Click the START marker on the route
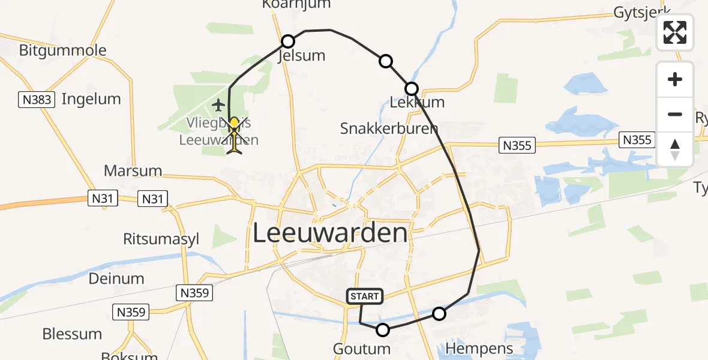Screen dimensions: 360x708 [x=364, y=296]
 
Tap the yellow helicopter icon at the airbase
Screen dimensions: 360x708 [x=235, y=136]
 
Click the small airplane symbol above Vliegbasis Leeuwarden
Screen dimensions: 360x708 [x=218, y=106]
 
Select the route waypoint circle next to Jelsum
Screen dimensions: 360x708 [x=288, y=41]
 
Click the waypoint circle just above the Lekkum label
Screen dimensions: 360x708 [x=412, y=89]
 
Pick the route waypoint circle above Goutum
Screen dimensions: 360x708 [x=383, y=329]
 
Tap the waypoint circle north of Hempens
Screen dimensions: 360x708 [x=439, y=313]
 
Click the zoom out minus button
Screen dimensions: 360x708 [x=675, y=115]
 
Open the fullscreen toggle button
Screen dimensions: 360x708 [x=675, y=32]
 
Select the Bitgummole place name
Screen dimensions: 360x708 [x=62, y=50]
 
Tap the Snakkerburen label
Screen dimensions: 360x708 [x=389, y=128]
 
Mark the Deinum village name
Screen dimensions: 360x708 [x=116, y=278]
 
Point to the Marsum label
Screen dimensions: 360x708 [x=133, y=170]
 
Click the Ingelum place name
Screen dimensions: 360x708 [x=91, y=99]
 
